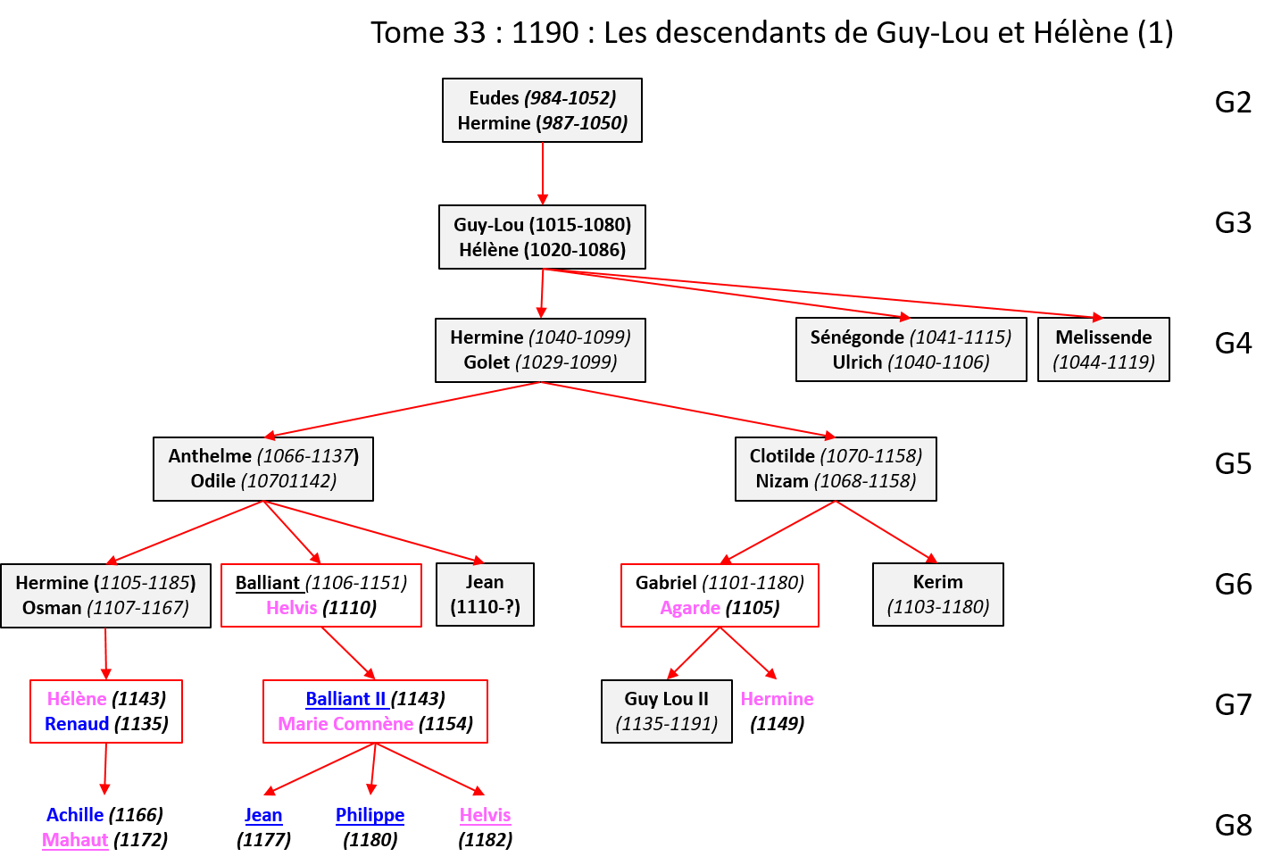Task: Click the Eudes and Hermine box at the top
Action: click(x=542, y=110)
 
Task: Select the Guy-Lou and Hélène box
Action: click(x=542, y=237)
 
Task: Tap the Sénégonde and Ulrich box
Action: click(x=911, y=349)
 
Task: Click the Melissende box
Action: click(x=1103, y=349)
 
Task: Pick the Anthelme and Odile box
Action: click(x=263, y=468)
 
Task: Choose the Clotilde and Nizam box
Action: click(x=836, y=468)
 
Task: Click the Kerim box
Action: click(x=937, y=594)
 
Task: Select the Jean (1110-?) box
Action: click(x=485, y=594)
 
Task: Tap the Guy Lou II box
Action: click(x=666, y=711)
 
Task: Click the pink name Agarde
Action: click(x=690, y=608)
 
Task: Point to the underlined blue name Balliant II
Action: click(x=345, y=699)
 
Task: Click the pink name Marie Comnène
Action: click(x=345, y=724)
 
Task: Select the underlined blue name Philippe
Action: click(x=370, y=815)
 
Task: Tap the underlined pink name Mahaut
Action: click(x=75, y=840)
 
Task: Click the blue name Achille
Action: click(x=75, y=815)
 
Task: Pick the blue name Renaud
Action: click(x=77, y=724)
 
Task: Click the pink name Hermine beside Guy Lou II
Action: click(x=777, y=699)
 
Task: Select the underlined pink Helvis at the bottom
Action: click(x=485, y=815)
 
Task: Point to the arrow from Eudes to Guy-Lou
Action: click(x=542, y=173)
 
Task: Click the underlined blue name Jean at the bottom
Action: click(x=263, y=815)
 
